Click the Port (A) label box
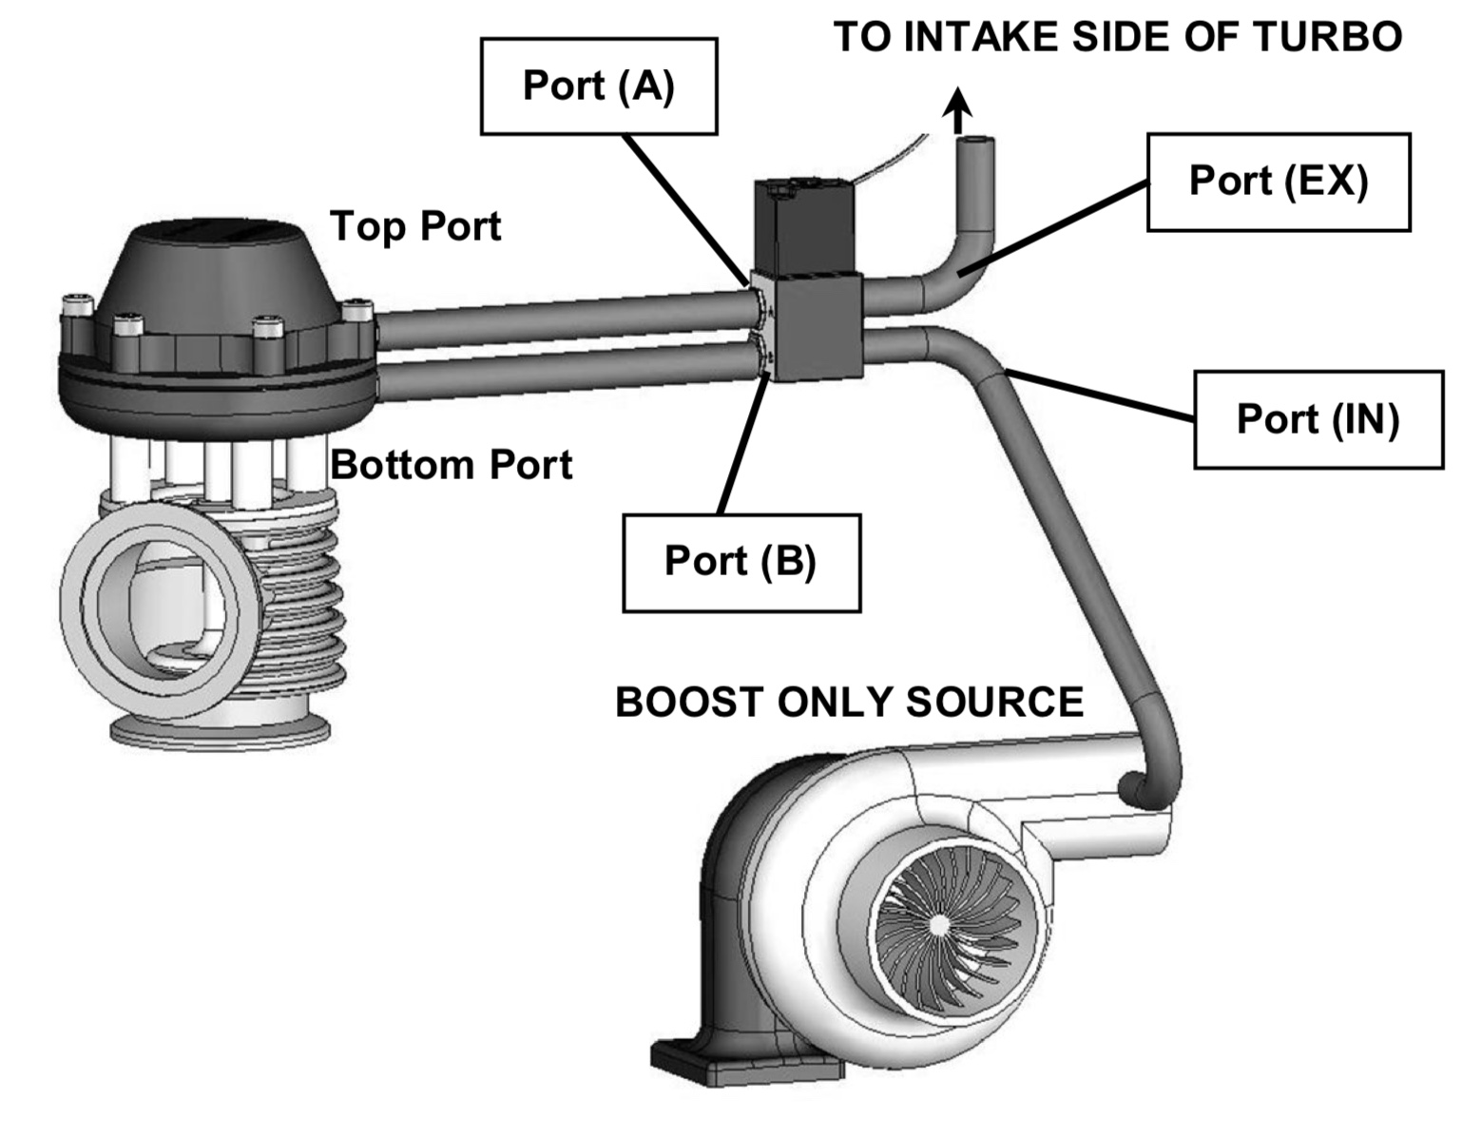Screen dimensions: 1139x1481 tap(599, 87)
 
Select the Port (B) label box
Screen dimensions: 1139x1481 tap(740, 562)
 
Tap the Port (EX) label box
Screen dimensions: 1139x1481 tap(1278, 182)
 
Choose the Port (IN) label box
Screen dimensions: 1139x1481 tap(1318, 419)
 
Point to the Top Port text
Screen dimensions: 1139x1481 tap(415, 226)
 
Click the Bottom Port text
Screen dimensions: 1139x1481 tap(452, 465)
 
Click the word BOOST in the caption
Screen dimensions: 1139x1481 tap(688, 703)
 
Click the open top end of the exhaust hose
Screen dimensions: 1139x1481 tap(975, 145)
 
